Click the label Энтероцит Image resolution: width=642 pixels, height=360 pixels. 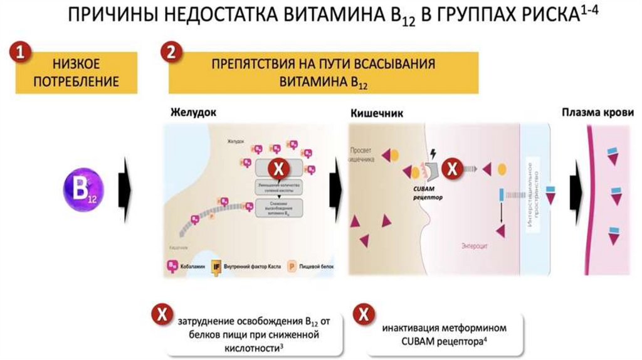(474, 245)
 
